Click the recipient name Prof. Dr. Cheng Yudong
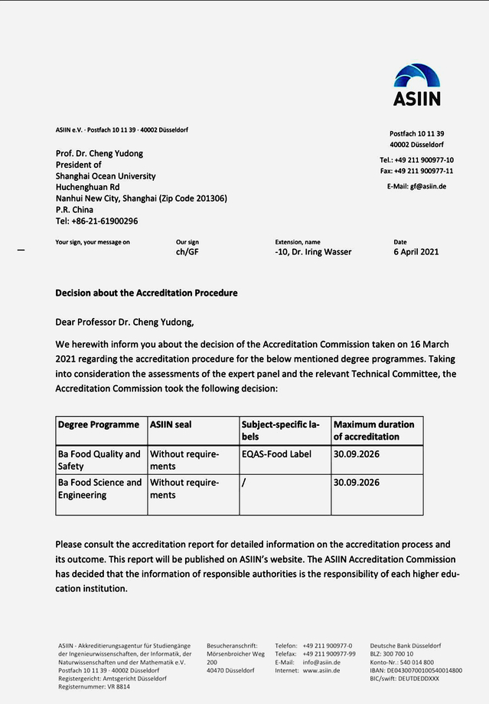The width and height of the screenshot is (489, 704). click(x=99, y=153)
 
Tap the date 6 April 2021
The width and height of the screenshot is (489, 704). click(x=416, y=251)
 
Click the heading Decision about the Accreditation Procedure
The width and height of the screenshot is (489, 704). click(x=146, y=293)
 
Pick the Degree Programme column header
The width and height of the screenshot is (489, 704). click(x=99, y=424)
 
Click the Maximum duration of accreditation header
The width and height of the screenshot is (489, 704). click(x=374, y=431)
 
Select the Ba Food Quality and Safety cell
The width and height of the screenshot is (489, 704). click(x=99, y=460)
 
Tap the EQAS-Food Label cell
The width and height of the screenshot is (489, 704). click(x=276, y=454)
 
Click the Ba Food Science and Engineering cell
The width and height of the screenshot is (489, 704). click(x=100, y=489)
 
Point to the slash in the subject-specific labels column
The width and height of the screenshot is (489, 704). click(x=243, y=483)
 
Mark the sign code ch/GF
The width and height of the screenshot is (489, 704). click(x=187, y=251)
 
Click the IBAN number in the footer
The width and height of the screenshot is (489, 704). click(x=416, y=670)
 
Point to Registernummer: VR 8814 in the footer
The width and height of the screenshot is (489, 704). click(x=94, y=686)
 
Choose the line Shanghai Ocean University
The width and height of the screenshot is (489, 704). click(x=106, y=176)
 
